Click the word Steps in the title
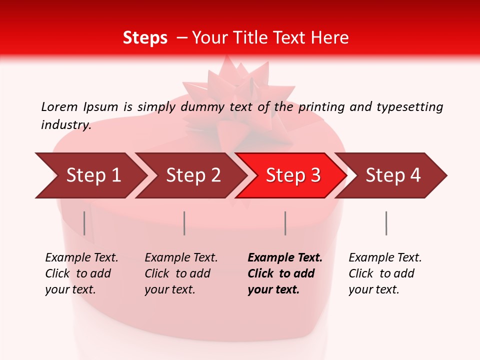(145, 38)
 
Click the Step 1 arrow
(93, 175)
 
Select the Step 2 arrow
(193, 175)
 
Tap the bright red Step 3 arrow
(292, 175)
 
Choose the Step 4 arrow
(392, 175)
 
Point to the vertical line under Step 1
(84, 223)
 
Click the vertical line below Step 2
(184, 223)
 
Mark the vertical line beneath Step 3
(285, 223)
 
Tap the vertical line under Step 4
(386, 223)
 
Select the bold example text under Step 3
(284, 273)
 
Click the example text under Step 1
(81, 273)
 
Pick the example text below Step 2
(181, 273)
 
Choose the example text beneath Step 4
(385, 273)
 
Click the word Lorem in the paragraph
(59, 106)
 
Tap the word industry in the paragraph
(65, 125)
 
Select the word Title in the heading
(266, 38)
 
